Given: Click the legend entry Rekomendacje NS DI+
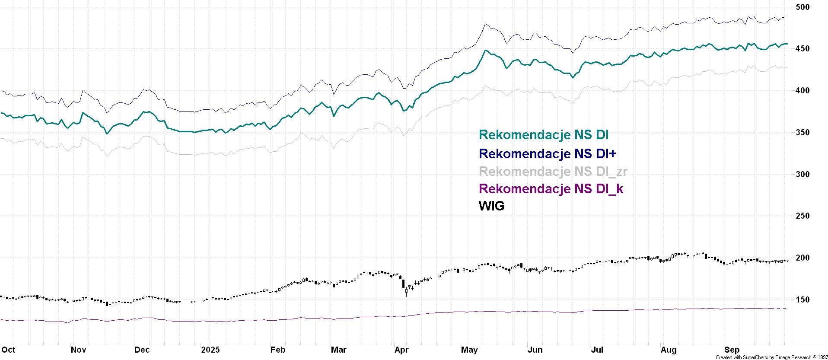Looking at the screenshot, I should point(548,153).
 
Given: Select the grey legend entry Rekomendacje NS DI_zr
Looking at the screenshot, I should point(553,172).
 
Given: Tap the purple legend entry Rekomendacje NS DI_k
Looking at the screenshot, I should point(551,189).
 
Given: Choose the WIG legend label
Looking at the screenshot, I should point(491,206).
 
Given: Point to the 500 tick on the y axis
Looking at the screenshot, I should point(803,7).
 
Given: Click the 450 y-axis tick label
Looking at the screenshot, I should point(803,49).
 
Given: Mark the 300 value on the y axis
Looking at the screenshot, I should point(803,174).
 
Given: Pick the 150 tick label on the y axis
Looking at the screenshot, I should point(803,299).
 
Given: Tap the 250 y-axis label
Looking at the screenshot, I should point(803,216).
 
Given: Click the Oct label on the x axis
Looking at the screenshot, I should point(8,350).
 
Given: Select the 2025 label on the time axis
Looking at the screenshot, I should point(210,350).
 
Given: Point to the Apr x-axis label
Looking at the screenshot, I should point(401,350).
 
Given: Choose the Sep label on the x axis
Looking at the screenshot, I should point(732,350).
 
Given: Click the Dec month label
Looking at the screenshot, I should point(142,350).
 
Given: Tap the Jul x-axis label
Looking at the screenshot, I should point(597,350).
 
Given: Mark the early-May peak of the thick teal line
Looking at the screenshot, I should point(485,51).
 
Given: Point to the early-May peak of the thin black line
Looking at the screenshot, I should point(485,24).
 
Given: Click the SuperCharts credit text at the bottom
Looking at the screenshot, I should point(771,357).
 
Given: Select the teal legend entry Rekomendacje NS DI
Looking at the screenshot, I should point(544,135).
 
